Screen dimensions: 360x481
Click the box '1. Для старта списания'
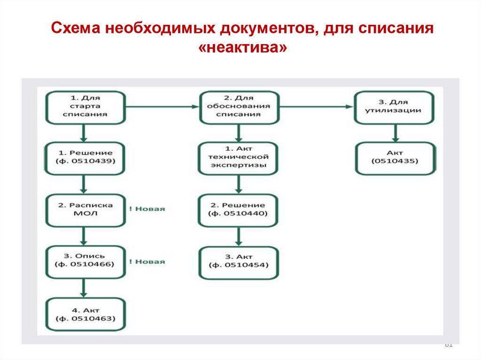coord(85,107)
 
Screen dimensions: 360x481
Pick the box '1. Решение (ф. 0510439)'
coord(85,158)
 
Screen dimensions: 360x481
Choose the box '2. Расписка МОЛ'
coord(85,209)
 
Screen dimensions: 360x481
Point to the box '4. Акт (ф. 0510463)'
coord(85,315)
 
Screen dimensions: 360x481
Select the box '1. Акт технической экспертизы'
coord(239,158)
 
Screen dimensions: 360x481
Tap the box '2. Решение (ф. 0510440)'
coord(239,209)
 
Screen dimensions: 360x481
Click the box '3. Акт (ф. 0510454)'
coord(239,261)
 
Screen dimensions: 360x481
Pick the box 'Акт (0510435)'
coord(395,158)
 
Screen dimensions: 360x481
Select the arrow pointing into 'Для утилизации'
coord(317,107)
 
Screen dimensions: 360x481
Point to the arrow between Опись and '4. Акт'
coord(84,287)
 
